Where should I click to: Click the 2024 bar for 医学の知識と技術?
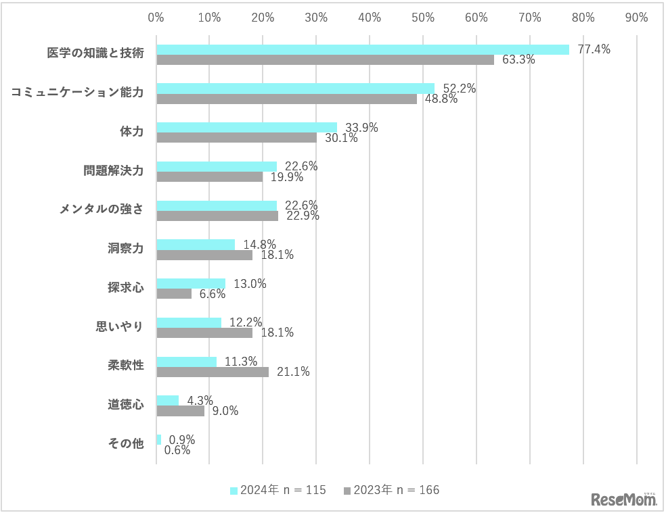pyautogui.click(x=362, y=49)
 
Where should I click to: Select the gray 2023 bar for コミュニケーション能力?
pyautogui.click(x=286, y=99)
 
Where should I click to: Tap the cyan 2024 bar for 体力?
pyautogui.click(x=246, y=127)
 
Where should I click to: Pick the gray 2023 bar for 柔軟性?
pyautogui.click(x=213, y=372)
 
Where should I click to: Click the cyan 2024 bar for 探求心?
pyautogui.click(x=191, y=284)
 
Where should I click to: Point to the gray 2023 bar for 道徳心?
pyautogui.click(x=180, y=411)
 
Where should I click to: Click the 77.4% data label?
pyautogui.click(x=594, y=49)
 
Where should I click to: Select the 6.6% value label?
pyautogui.click(x=211, y=294)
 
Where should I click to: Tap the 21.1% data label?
pyautogui.click(x=293, y=372)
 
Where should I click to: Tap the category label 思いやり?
pyautogui.click(x=119, y=327)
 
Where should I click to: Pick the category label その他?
pyautogui.click(x=126, y=444)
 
